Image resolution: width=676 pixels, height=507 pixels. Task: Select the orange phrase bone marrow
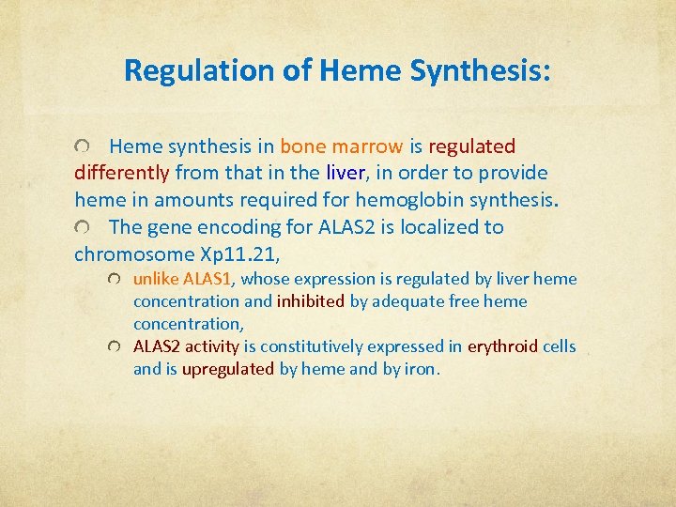click(x=342, y=146)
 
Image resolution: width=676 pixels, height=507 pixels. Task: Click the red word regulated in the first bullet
click(x=472, y=146)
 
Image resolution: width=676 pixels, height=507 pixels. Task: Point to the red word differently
click(x=122, y=173)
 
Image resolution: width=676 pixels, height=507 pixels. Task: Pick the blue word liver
click(x=345, y=173)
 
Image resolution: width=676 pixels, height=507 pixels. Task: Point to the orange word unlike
click(x=156, y=279)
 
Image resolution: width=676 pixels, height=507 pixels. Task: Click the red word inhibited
click(x=311, y=301)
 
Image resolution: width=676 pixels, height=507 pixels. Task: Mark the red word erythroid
click(x=503, y=346)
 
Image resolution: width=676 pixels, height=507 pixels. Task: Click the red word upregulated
click(x=228, y=369)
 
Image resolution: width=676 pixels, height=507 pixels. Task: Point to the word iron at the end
click(x=421, y=369)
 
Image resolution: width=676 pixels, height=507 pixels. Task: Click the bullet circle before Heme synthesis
click(x=84, y=147)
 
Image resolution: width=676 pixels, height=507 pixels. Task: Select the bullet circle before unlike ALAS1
click(x=114, y=280)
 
